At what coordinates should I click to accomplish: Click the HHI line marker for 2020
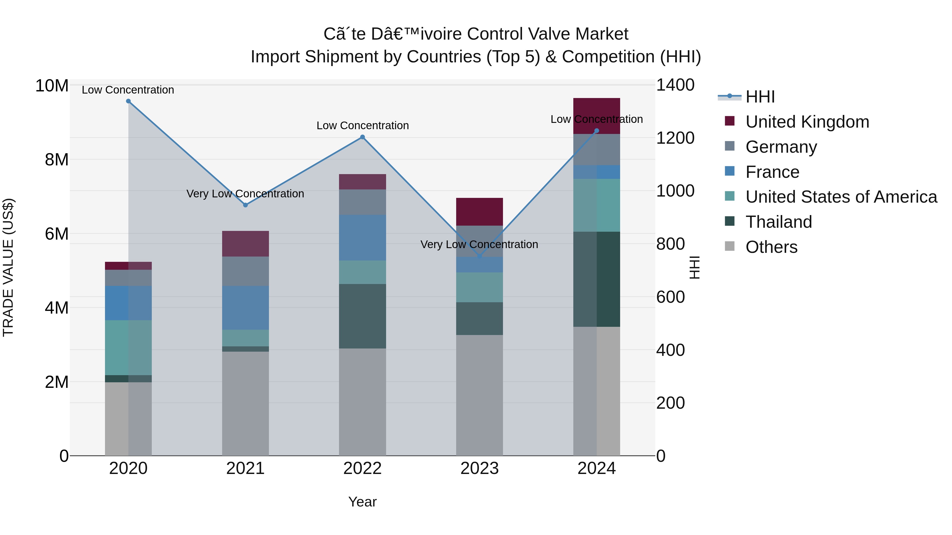tap(128, 101)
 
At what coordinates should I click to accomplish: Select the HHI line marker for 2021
tap(245, 205)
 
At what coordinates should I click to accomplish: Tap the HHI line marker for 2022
tap(363, 137)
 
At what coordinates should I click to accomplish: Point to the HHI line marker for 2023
tap(480, 256)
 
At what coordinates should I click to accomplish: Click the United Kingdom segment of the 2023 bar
tap(479, 212)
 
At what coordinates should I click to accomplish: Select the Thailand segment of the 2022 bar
tap(363, 316)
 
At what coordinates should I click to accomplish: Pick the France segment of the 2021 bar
tap(245, 308)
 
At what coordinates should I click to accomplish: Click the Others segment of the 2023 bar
tap(479, 395)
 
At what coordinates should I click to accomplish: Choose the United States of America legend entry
tap(841, 197)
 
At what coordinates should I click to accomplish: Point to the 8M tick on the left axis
tap(57, 160)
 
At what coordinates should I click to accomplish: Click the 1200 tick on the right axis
tap(675, 138)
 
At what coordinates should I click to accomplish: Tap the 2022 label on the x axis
tap(363, 468)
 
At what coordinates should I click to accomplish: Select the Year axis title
tap(363, 502)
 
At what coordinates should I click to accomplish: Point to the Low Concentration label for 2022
tap(363, 125)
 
